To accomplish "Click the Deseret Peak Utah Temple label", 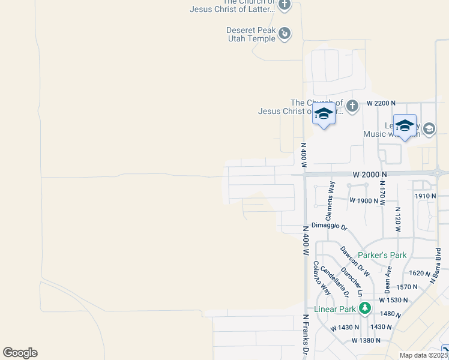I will [x=250, y=34].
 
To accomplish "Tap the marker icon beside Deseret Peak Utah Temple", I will [x=285, y=34].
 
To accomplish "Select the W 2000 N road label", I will [x=369, y=174].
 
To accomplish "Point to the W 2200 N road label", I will [x=382, y=103].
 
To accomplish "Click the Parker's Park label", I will [x=382, y=255].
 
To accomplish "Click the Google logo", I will [x=20, y=353].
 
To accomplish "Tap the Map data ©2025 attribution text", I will [x=423, y=355].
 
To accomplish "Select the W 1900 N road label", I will [x=364, y=200].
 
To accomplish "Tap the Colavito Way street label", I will [x=322, y=277].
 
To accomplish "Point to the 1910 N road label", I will [x=425, y=196].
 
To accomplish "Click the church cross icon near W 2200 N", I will [x=352, y=106].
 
